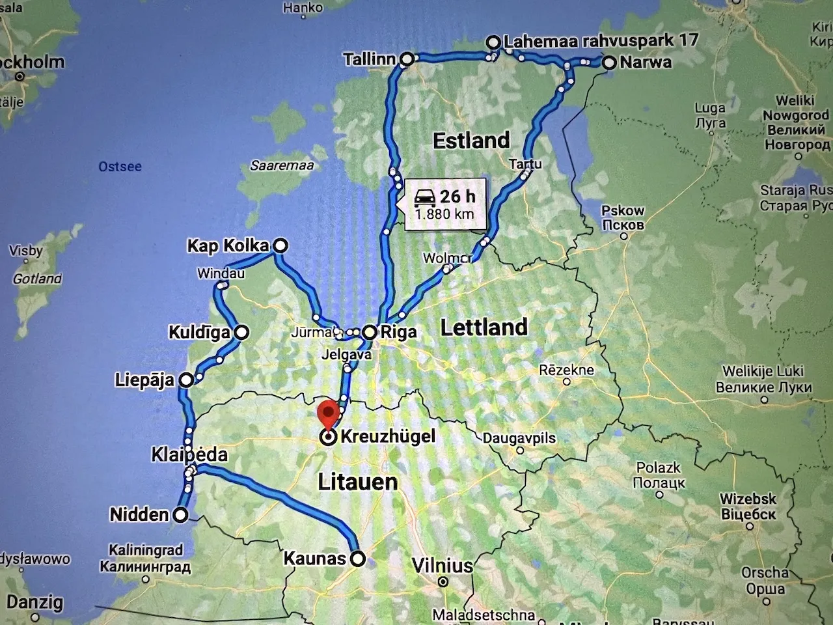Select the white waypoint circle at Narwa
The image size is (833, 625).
coord(609,63)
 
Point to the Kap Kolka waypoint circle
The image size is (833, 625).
coord(280,245)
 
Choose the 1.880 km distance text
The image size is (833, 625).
coord(444,214)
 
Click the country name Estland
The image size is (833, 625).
coord(471,140)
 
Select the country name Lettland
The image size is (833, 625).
coord(484,327)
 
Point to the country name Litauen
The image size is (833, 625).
coord(357,482)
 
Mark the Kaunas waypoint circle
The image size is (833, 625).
coord(357,559)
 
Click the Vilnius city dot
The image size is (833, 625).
coord(443,581)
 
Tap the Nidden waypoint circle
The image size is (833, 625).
coord(181,516)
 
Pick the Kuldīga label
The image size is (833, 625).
coord(199,333)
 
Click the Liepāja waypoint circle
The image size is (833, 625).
coord(186,380)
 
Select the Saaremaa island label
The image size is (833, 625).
coord(282,165)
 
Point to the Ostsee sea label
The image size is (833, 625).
coord(120,167)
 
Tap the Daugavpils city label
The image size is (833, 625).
coord(519,437)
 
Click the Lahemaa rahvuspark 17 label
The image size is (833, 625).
coord(601,41)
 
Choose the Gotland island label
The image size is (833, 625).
coord(37,279)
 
